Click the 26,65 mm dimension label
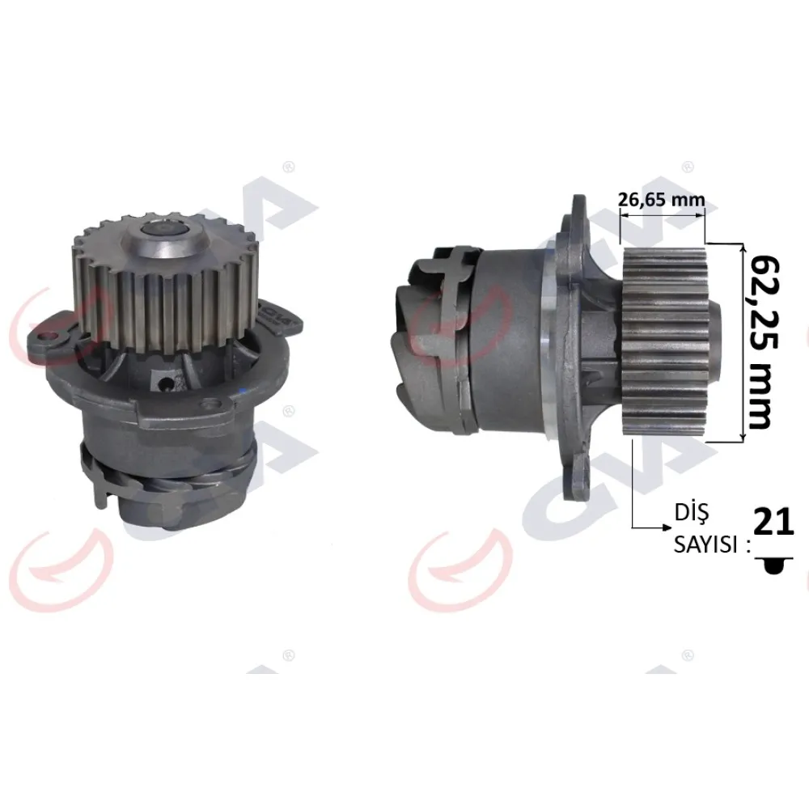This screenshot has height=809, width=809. point(662,199)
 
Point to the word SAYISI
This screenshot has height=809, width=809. point(705,544)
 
